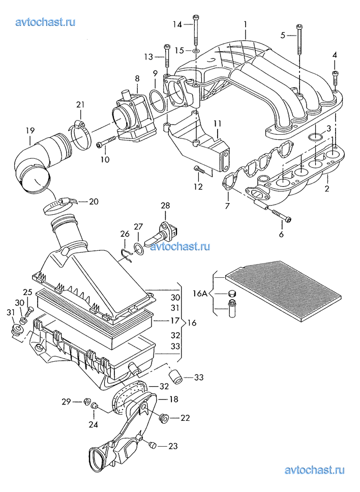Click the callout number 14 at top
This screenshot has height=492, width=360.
tap(177, 24)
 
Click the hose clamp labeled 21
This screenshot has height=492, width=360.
tap(80, 133)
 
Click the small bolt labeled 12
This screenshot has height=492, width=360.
tap(200, 169)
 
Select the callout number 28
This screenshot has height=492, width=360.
tap(165, 206)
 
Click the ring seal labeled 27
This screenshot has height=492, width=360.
tap(138, 248)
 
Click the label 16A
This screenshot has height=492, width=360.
tap(200, 294)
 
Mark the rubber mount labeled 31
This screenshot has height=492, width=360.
tap(16, 330)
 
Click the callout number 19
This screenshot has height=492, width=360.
tap(30, 130)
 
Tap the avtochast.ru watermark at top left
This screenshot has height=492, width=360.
tap(45, 22)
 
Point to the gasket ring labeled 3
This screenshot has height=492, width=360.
tap(316, 137)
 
